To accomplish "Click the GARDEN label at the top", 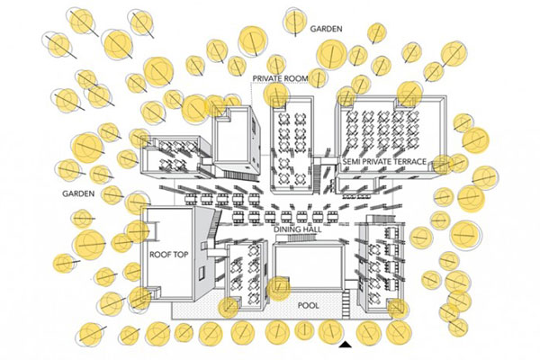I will coord(327,29).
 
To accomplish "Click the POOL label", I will coord(308,306).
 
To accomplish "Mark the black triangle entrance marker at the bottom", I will coord(345,345).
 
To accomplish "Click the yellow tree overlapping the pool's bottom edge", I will coord(278,289).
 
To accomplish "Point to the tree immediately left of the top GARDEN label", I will coord(297,21).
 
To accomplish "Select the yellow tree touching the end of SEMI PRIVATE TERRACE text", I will coord(442,163).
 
